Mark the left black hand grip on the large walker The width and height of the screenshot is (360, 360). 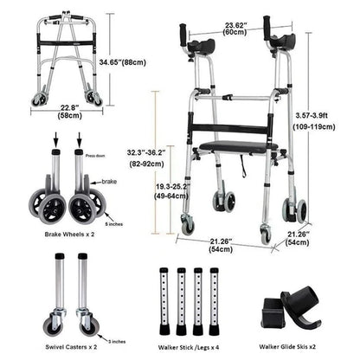tap(183, 35)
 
